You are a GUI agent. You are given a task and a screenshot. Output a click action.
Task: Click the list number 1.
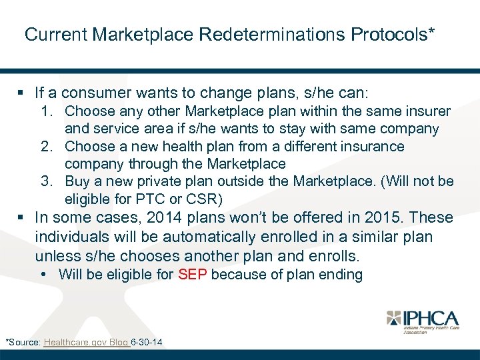(x=47, y=111)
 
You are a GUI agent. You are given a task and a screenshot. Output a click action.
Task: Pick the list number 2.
(x=47, y=146)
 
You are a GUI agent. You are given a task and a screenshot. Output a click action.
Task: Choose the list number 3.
(x=47, y=181)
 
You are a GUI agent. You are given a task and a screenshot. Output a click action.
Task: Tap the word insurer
(x=425, y=111)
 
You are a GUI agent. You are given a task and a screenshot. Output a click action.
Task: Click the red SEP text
(x=193, y=275)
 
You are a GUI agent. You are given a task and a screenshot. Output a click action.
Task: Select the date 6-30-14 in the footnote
(x=147, y=343)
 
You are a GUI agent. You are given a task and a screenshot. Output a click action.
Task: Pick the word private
(x=168, y=181)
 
